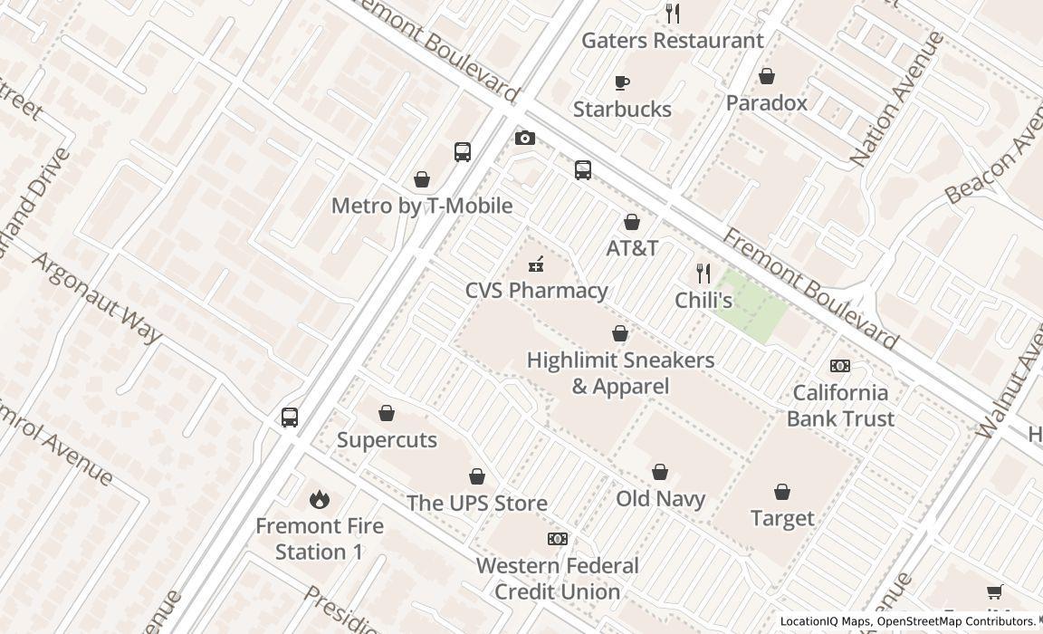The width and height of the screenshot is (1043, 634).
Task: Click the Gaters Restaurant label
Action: coord(672,41)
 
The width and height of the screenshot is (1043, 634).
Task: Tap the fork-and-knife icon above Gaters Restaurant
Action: coord(672,13)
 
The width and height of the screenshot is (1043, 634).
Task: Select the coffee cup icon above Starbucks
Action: coord(622,82)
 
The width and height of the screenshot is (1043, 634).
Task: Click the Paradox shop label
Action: coord(766,103)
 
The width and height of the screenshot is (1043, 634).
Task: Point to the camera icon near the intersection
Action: coord(524,138)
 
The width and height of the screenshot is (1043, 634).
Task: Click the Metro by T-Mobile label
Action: coord(422,206)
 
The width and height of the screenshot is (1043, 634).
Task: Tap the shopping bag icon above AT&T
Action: coord(632,222)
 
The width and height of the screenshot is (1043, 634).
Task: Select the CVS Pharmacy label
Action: coord(536,291)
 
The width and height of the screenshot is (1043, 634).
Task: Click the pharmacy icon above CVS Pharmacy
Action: coord(536,264)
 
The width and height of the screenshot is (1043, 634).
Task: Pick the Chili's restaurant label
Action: coord(703,301)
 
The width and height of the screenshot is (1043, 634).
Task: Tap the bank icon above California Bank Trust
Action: coord(840,366)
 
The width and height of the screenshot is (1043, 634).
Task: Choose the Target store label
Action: coord(782,519)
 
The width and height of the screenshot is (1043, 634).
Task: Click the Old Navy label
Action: coord(660,499)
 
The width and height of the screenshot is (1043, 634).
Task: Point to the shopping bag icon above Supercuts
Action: coord(387,413)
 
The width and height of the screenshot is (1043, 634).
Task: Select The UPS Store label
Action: coord(476,504)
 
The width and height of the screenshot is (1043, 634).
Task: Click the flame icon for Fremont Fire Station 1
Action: coord(319,499)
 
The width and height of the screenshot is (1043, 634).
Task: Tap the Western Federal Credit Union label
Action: coord(557,579)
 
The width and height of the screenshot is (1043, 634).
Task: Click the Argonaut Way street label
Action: coord(97,298)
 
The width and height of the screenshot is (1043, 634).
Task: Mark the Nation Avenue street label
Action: coord(897,100)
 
